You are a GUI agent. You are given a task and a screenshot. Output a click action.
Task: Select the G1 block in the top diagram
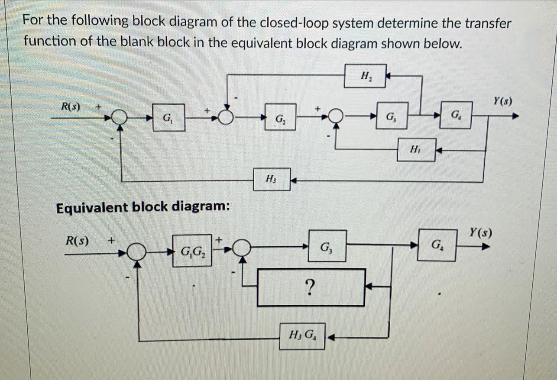tap(168, 117)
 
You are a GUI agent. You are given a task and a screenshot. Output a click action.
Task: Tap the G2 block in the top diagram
tap(281, 117)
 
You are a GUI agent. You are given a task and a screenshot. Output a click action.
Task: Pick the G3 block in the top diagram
tap(392, 116)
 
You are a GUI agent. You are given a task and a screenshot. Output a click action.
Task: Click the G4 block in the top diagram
tap(455, 115)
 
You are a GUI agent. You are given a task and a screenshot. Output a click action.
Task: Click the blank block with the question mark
tap(311, 287)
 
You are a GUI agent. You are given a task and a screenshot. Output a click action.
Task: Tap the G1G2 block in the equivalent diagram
tap(192, 251)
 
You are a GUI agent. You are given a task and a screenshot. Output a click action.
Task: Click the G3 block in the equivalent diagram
tap(327, 246)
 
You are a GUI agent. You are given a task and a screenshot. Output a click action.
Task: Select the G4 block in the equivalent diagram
tap(437, 245)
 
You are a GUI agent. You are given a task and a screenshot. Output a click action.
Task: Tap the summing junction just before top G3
tap(336, 116)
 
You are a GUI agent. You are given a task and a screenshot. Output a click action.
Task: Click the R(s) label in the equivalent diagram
tap(77, 240)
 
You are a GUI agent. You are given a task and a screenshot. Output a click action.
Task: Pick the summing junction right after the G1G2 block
tap(243, 248)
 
